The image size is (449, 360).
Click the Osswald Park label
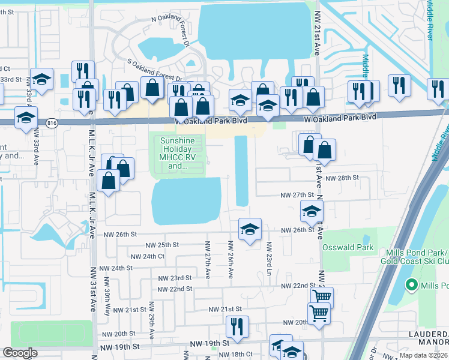348,247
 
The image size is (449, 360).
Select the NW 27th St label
297,195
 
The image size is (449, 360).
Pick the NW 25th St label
162,245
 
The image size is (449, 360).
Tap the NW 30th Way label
107,292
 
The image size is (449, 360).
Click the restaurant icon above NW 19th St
238,326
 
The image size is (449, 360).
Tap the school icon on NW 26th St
250,229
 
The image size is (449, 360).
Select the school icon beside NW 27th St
312,211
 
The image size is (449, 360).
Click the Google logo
20,353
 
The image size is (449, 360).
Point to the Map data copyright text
423,355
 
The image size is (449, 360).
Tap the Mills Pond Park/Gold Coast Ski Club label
414,257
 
